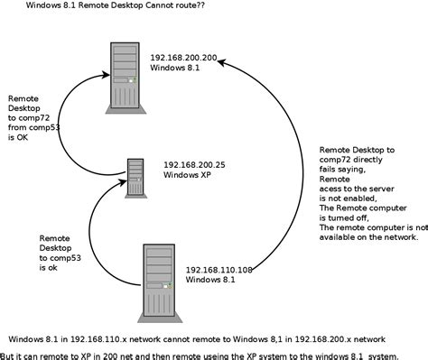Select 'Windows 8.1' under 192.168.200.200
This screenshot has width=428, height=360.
click(177, 67)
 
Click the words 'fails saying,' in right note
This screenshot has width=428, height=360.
click(349, 168)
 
